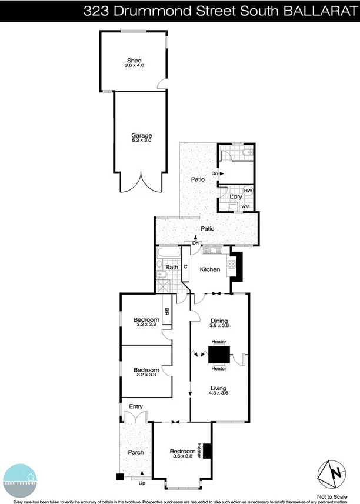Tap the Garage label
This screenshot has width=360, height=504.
(141, 135)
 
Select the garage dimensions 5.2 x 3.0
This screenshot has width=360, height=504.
(141, 141)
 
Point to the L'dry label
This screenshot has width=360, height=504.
(236, 196)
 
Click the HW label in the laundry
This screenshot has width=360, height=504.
(248, 191)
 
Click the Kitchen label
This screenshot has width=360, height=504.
(209, 269)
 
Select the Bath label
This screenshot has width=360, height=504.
(171, 268)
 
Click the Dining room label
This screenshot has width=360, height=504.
(219, 321)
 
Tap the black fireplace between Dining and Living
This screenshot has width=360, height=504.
(219, 355)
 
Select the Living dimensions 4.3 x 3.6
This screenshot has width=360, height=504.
(219, 393)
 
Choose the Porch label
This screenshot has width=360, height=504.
(135, 452)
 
